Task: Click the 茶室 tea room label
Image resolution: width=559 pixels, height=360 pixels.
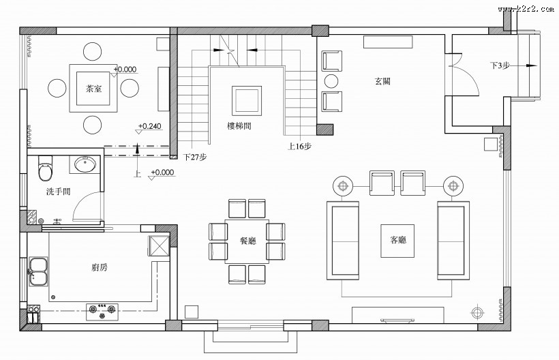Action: (x=93, y=89)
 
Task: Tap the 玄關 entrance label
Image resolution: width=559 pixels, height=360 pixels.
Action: (x=382, y=81)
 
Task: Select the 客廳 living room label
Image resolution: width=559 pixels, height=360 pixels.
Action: (x=398, y=240)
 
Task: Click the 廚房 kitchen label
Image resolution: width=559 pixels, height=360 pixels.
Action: (x=99, y=267)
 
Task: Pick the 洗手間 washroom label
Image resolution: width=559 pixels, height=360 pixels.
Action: (x=59, y=192)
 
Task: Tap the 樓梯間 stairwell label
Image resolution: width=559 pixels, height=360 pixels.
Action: (x=245, y=125)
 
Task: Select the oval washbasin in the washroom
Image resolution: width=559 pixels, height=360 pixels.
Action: (x=86, y=164)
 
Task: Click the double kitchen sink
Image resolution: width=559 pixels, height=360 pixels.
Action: (x=39, y=271)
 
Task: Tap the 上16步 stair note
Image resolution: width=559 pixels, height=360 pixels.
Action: (x=300, y=146)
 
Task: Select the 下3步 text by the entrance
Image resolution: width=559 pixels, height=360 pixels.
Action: (x=500, y=65)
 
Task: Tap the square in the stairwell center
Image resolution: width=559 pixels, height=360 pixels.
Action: (x=246, y=100)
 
